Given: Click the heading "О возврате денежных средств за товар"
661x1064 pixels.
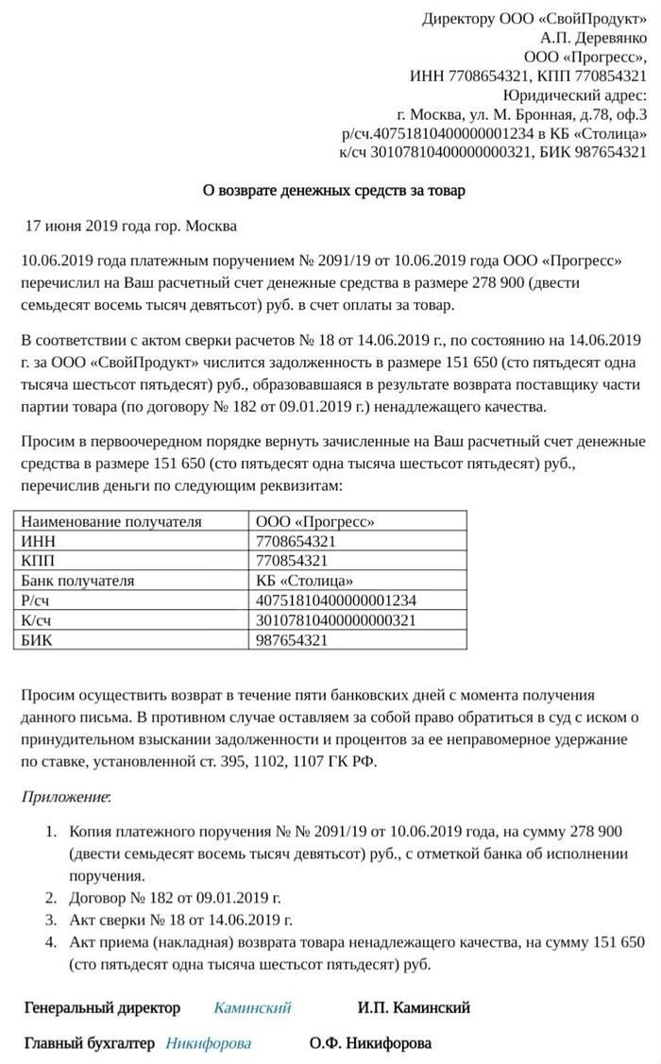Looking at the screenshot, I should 334,191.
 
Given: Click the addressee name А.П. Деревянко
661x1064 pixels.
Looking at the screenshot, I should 594,39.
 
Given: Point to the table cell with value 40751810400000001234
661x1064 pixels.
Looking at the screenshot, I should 335,600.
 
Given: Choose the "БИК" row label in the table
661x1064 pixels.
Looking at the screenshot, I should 37,640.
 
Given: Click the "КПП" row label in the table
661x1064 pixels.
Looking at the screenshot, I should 37,561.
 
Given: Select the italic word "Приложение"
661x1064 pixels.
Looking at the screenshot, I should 65,797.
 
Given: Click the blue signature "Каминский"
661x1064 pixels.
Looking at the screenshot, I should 252,1007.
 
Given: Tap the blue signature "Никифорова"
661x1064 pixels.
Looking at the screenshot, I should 209,1043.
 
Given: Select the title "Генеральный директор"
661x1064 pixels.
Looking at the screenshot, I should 102,1007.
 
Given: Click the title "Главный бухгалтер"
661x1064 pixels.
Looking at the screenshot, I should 88,1043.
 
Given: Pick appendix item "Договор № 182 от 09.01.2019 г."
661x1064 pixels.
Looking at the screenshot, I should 176,898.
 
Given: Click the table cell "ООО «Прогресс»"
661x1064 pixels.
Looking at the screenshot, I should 314,521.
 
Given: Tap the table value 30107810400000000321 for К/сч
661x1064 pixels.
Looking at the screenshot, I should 335,620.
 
